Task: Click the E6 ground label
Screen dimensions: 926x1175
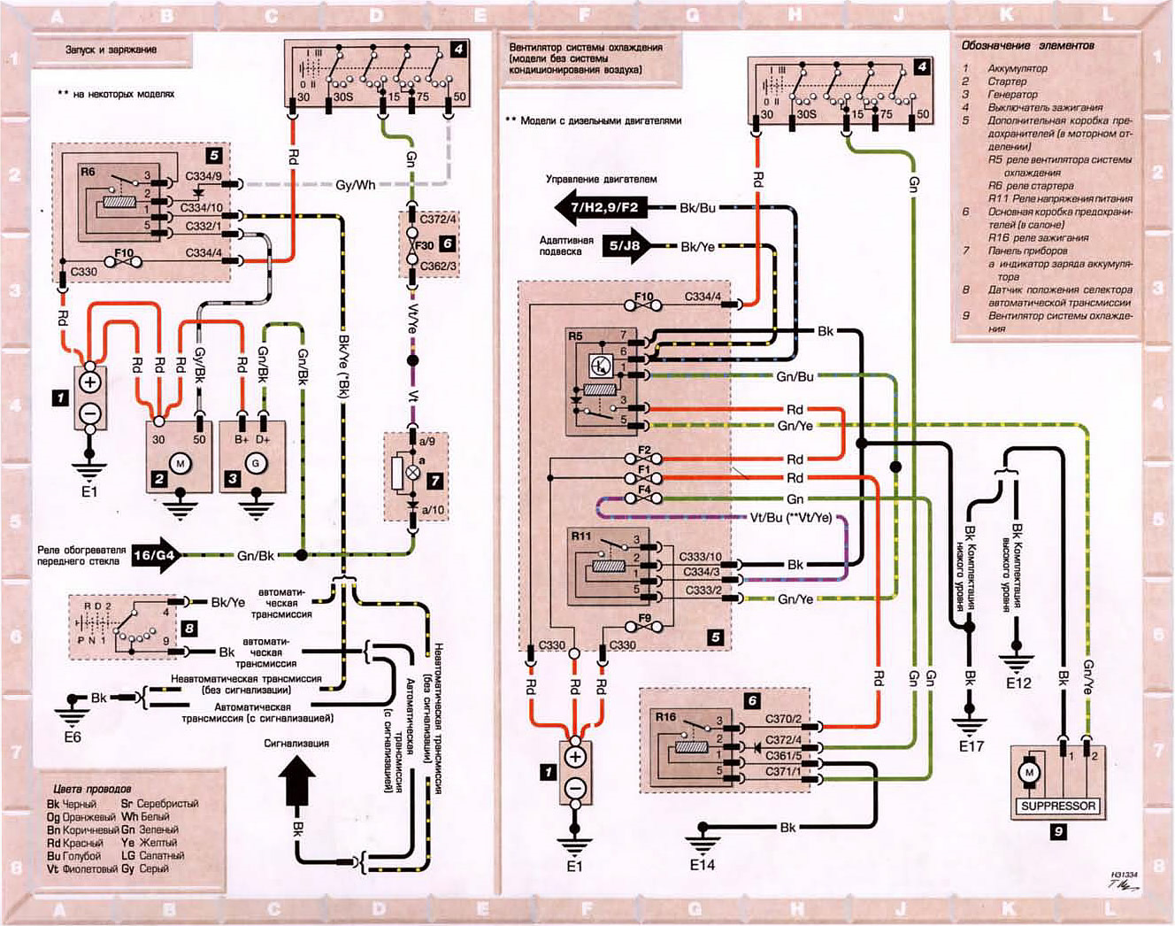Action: [x=72, y=736]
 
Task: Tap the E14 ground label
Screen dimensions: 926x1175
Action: [x=702, y=864]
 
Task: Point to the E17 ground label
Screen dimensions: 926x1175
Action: [x=971, y=746]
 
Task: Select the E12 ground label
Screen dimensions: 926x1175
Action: [x=1018, y=683]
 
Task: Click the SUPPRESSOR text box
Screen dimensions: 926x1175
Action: [x=1058, y=806]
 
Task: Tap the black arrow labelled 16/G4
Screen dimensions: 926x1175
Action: [x=156, y=556]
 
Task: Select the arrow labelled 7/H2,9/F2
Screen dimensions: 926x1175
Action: [x=599, y=208]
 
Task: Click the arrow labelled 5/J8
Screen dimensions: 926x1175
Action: [x=624, y=247]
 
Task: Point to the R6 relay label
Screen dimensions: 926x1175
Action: [x=88, y=171]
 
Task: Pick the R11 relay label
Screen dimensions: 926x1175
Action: [x=580, y=536]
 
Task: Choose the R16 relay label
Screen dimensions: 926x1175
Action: [x=665, y=716]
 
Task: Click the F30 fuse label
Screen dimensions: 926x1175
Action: [x=425, y=245]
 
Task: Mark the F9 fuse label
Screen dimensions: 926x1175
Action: [x=644, y=619]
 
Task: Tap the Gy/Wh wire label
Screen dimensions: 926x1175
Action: [x=355, y=185]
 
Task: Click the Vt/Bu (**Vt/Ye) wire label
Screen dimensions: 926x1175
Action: [x=791, y=517]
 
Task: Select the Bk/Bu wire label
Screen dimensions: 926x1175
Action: [x=697, y=208]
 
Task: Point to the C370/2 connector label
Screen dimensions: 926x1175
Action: [x=783, y=720]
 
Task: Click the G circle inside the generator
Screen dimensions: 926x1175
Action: [x=257, y=463]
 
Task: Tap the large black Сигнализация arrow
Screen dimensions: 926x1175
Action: [x=297, y=783]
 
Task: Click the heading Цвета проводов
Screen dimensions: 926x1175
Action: [x=92, y=788]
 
